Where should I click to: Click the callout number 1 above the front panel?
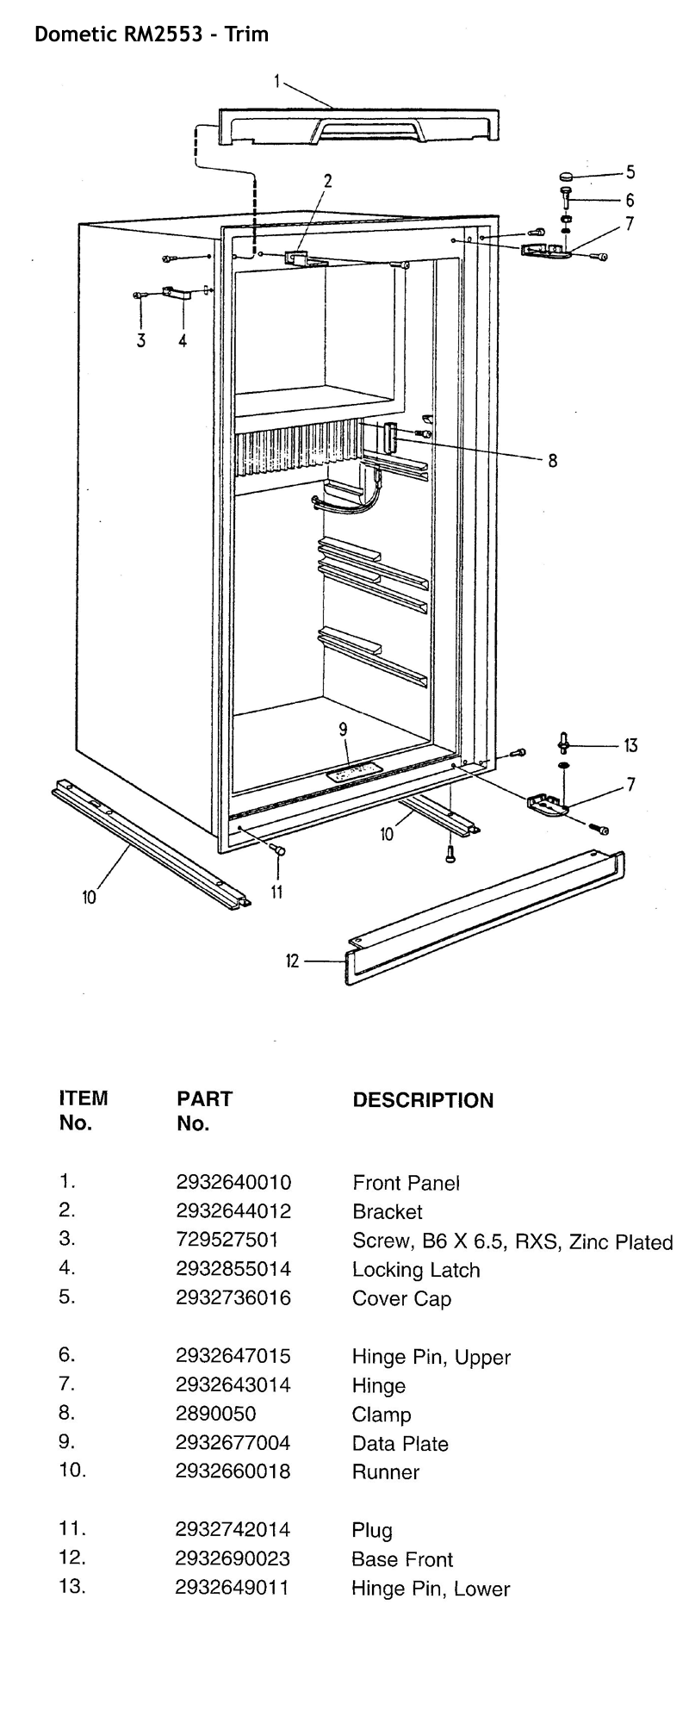277,81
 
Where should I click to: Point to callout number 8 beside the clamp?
552,461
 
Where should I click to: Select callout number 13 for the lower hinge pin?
630,746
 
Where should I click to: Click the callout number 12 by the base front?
292,961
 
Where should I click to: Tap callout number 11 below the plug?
276,893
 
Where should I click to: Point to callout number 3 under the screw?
141,340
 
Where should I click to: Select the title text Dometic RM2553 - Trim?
151,34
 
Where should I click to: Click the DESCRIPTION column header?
423,1100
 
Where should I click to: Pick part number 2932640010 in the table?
233,1182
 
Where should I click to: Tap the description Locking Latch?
416,1269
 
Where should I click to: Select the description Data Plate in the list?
400,1443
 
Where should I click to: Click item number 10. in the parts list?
72,1471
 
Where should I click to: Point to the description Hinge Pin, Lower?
430,1589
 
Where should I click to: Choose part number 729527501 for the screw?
227,1240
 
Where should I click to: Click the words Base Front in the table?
401,1559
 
